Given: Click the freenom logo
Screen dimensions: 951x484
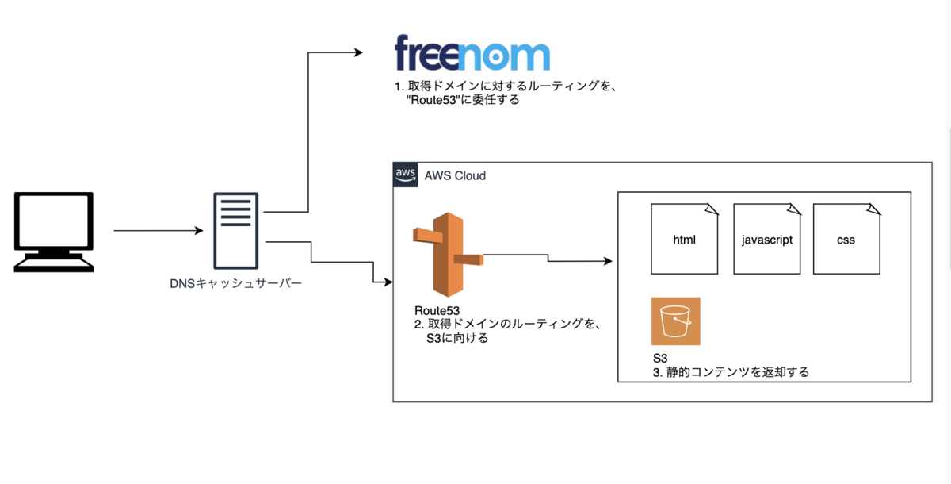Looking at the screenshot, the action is coord(472,52).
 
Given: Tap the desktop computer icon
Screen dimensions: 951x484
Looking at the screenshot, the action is coord(54,232).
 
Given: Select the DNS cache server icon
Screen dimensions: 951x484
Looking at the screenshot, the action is coord(236,231).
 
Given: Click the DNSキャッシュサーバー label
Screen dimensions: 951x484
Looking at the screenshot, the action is coord(235,283).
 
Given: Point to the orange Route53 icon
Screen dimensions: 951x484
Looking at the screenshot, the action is coord(449,254).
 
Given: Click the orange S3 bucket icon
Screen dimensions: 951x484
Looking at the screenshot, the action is coord(675,321).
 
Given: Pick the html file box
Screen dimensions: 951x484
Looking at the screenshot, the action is coord(685,239).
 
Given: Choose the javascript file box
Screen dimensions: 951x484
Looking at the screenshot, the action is coord(767,239).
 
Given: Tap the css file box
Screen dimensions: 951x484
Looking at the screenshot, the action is coord(846,239).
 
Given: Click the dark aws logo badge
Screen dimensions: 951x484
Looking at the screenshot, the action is coord(406,175).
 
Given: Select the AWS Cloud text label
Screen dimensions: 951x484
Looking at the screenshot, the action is coord(455,175).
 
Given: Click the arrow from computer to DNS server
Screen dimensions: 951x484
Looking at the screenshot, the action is coord(158,230).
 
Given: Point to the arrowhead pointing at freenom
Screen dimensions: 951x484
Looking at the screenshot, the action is coord(359,52).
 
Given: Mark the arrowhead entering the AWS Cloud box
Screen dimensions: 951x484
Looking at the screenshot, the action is coord(388,282).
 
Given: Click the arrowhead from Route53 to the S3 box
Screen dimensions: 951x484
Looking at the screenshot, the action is coord(608,261).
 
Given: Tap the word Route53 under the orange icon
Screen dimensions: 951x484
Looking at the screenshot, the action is coord(437,310).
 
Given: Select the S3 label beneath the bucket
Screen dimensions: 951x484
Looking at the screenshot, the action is coord(660,358).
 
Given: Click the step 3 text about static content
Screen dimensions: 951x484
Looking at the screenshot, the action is coord(731,372).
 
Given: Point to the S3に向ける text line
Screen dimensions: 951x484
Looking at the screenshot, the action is coord(457,338).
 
